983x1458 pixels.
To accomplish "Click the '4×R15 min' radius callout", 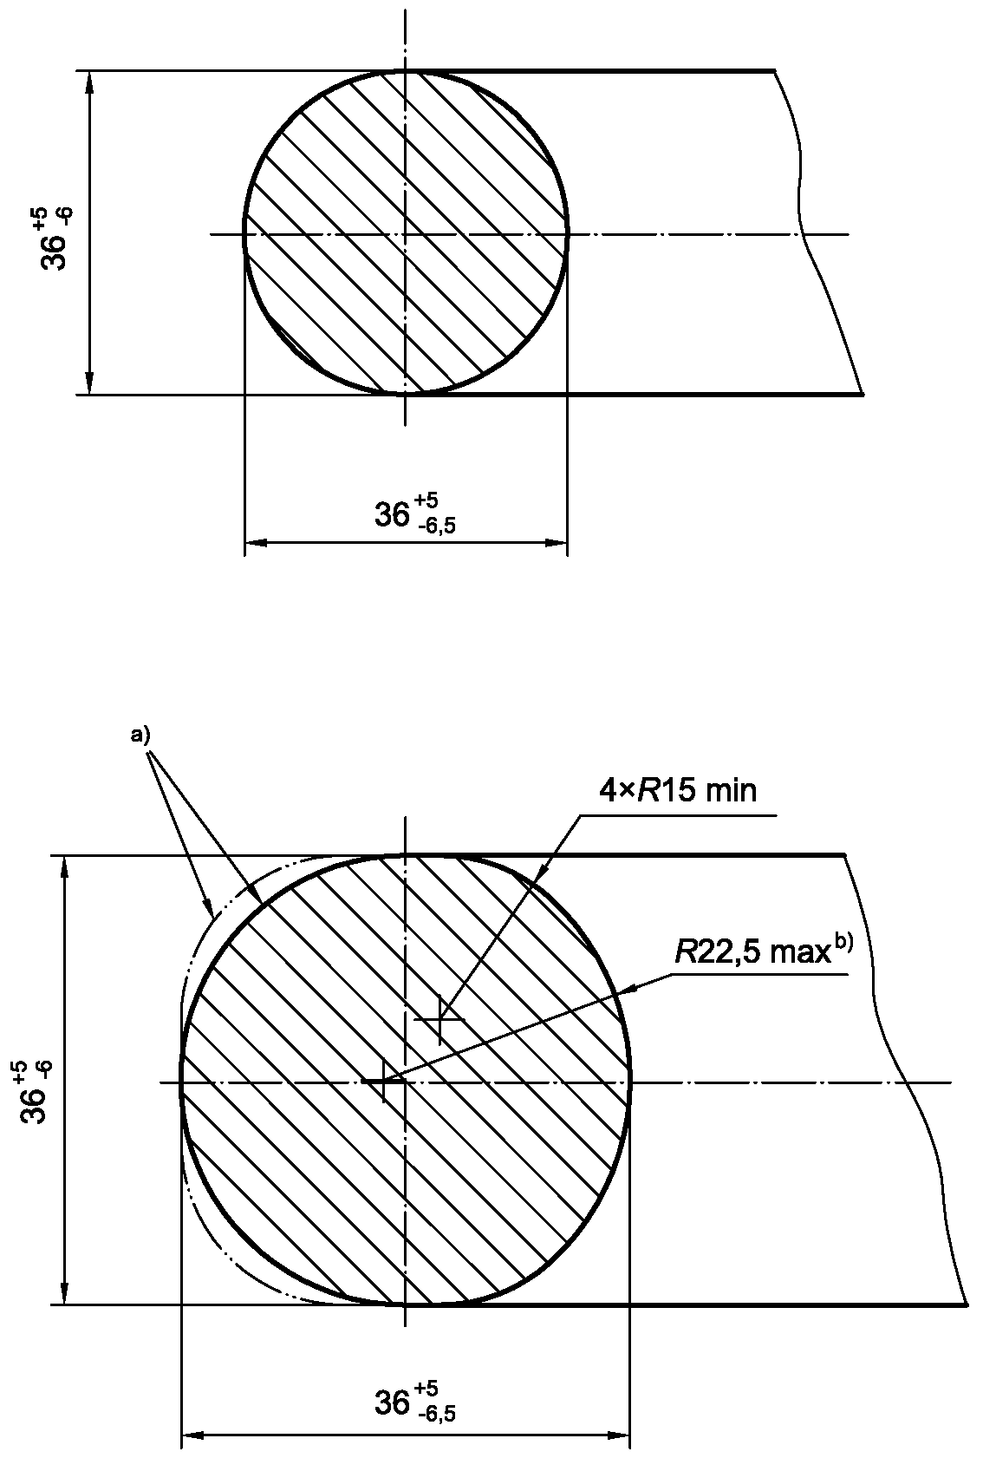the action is pos(678,791).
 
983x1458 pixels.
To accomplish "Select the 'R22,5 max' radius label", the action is pos(752,953).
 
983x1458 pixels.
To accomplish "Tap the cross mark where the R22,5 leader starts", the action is pos(384,1081).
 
